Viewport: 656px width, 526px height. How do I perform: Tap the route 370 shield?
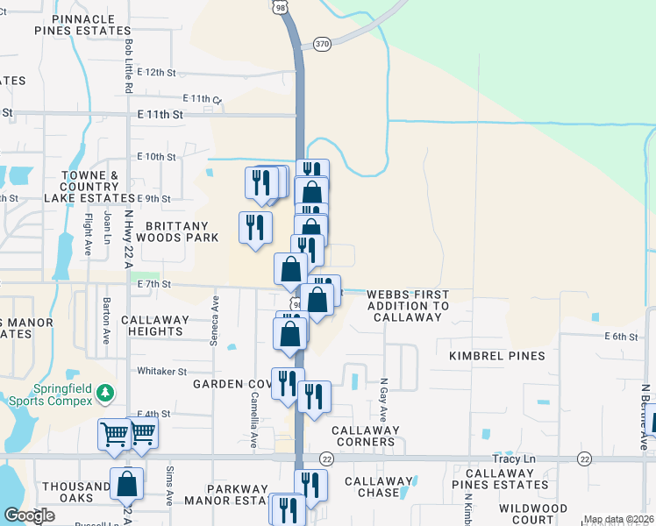tap(322, 42)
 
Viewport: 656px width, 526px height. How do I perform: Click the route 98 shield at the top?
tap(280, 6)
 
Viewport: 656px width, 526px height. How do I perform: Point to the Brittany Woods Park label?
tap(170, 231)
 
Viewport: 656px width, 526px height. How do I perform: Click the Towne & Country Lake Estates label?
tap(89, 187)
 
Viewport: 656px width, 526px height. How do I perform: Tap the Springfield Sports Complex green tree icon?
tap(106, 392)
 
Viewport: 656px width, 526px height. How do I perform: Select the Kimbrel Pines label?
tap(497, 356)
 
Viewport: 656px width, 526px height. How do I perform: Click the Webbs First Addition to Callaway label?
tap(408, 306)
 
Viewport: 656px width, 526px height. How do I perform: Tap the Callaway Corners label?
tap(365, 436)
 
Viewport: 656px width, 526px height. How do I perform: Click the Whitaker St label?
tap(162, 372)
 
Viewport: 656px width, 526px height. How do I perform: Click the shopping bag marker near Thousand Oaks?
tap(127, 483)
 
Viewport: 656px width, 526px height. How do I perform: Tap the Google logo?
tap(29, 515)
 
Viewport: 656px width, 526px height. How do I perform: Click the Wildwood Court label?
tap(533, 514)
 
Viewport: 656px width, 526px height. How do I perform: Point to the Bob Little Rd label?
tap(129, 67)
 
